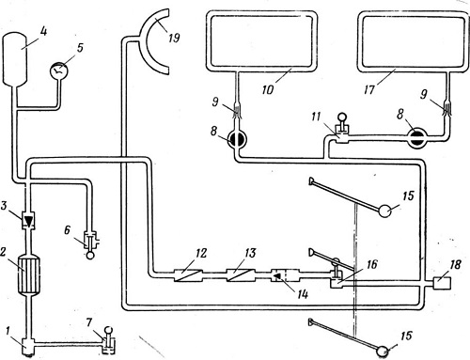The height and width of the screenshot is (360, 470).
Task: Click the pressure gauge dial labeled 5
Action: click(59, 70)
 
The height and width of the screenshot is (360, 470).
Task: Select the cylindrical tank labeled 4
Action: click(15, 60)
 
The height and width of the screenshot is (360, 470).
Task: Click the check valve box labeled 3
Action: click(28, 219)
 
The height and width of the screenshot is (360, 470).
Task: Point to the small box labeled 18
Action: click(442, 283)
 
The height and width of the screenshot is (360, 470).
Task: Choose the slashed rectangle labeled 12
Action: click(187, 275)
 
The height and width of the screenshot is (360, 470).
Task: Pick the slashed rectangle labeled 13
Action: click(241, 275)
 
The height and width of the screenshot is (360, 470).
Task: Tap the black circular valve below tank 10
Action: click(237, 138)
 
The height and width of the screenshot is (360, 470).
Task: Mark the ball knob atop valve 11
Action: click(341, 118)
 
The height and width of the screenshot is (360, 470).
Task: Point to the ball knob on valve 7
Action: click(109, 330)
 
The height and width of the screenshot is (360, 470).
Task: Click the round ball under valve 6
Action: click(90, 255)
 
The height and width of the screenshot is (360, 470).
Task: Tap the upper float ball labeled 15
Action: click(385, 211)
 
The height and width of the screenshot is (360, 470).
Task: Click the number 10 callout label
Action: click(268, 89)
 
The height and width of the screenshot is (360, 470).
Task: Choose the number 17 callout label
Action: click(369, 90)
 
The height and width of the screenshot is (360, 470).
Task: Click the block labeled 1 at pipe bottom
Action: click(28, 346)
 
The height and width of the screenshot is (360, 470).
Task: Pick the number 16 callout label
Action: click(371, 264)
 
